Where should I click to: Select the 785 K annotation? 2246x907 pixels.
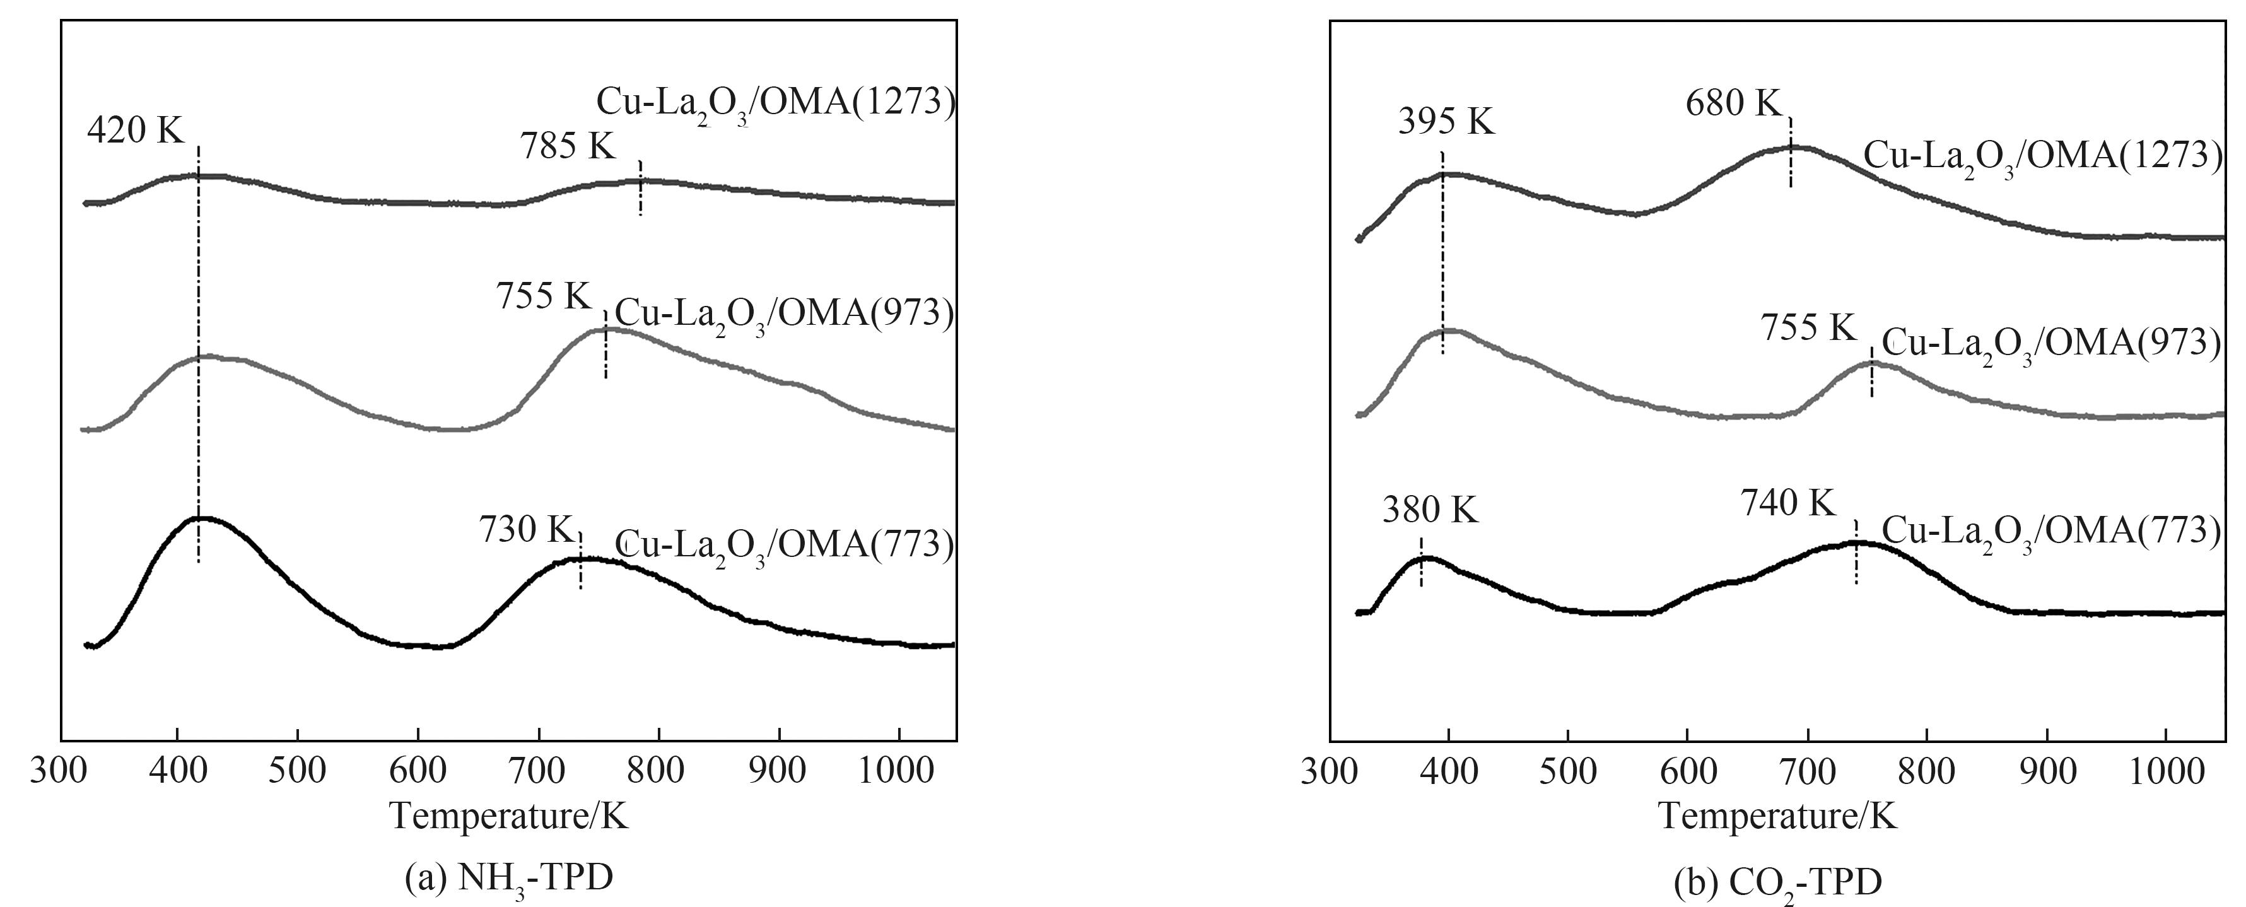[568, 146]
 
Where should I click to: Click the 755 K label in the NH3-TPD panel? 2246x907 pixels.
[544, 296]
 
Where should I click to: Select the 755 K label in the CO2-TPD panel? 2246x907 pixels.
[1808, 328]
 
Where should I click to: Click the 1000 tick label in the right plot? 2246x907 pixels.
[2167, 771]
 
